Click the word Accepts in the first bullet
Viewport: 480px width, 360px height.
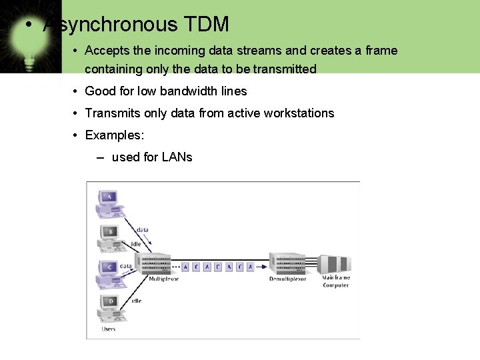coord(107,51)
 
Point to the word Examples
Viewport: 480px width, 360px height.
coord(115,135)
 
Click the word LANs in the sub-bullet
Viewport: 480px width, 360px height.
coord(177,157)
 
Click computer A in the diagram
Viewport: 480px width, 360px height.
coord(109,203)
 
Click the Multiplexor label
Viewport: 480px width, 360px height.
coord(163,279)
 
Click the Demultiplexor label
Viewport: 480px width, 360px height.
coord(287,279)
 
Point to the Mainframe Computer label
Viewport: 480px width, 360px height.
coord(336,281)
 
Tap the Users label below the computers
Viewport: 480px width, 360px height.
coord(108,329)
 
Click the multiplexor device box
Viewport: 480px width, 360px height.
coord(157,263)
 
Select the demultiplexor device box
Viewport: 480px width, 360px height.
coord(287,263)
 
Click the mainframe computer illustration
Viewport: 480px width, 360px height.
coord(335,263)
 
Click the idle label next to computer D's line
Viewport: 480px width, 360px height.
coord(136,301)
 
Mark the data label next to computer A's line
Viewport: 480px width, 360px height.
coord(142,230)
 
